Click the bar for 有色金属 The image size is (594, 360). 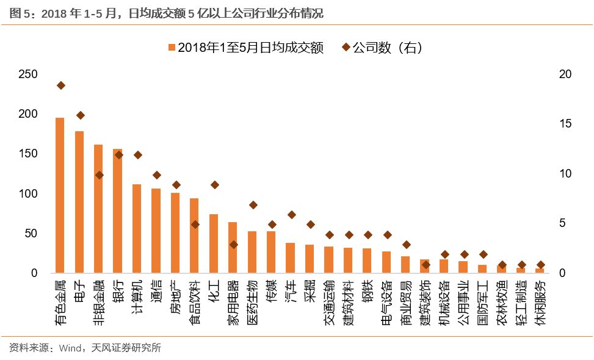(60, 195)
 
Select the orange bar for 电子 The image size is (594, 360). (79, 202)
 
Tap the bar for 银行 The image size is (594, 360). (118, 211)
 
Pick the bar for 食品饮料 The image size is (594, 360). (194, 236)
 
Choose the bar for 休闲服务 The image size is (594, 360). (540, 270)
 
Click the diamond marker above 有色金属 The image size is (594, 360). (60, 85)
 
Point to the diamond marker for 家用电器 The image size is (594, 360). (233, 245)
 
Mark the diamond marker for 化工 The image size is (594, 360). (214, 185)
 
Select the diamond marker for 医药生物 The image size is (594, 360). (253, 205)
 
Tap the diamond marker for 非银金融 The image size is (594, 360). (99, 175)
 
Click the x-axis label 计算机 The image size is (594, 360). (137, 296)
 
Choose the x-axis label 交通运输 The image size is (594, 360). (329, 300)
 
